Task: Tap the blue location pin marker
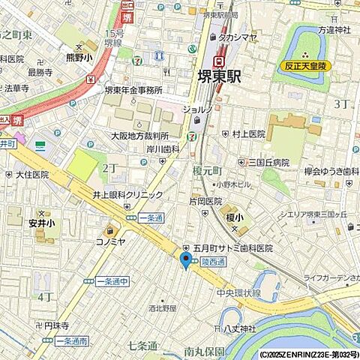(x=185, y=260)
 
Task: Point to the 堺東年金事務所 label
(x=132, y=90)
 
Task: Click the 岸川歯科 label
(x=160, y=149)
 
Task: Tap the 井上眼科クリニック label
(x=127, y=195)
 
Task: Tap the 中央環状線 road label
(x=240, y=293)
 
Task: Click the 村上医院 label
(x=247, y=134)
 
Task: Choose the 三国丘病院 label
(x=268, y=162)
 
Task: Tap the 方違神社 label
(x=334, y=31)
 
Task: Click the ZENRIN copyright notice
(x=309, y=354)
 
